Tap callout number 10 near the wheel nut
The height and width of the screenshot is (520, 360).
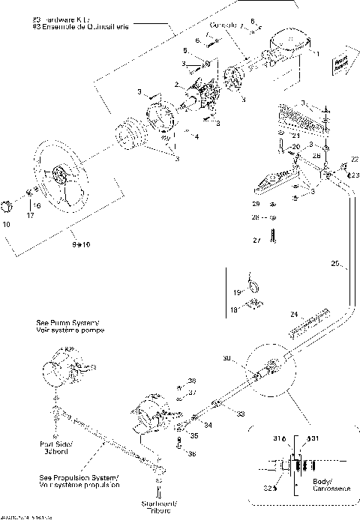tap(7, 224)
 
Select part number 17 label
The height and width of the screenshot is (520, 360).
tap(31, 215)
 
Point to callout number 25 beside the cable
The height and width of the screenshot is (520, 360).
tap(335, 264)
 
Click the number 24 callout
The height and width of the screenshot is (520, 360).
tap(294, 313)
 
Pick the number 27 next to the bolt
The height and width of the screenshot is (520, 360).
tap(255, 241)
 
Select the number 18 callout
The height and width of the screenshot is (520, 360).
tap(233, 309)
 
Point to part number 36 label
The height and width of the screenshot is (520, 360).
tap(191, 453)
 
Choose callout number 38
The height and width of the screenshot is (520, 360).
tap(191, 380)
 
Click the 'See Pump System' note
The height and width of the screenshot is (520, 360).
tap(70, 327)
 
